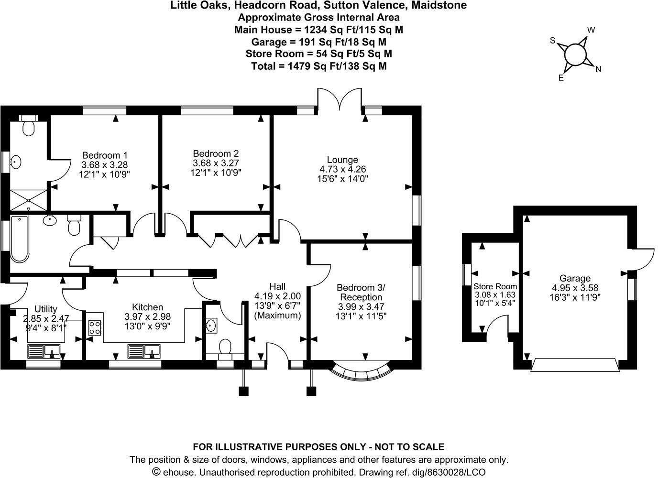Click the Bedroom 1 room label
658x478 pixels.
pos(105,155)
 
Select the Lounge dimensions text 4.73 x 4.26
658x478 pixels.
pos(342,169)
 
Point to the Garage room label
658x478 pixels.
pos(575,278)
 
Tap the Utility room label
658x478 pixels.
pos(46,309)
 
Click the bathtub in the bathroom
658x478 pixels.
pos(20,238)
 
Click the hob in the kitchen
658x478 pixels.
pos(95,327)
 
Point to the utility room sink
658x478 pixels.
pos(44,352)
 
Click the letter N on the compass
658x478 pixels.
pos(598,69)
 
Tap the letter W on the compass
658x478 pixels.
pos(591,30)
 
